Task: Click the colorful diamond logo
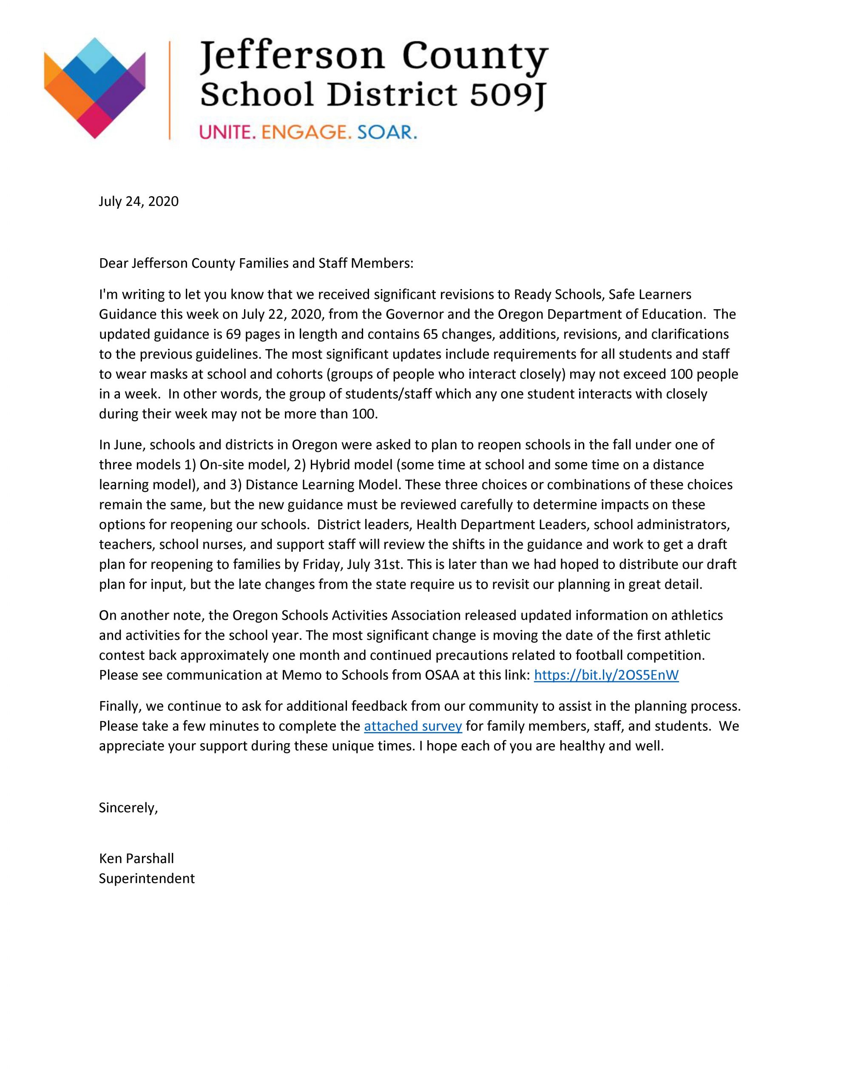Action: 95,88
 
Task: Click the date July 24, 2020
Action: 139,202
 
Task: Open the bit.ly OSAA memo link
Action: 606,675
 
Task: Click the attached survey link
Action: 413,726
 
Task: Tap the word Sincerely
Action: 128,808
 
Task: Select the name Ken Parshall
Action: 136,858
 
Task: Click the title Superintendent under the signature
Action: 147,878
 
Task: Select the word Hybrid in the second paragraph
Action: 328,465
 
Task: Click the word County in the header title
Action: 474,58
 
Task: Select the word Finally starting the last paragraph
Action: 118,706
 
